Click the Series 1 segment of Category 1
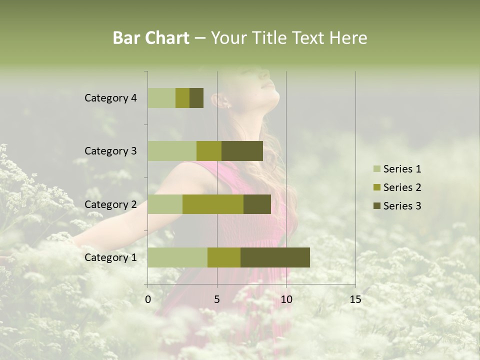(x=177, y=257)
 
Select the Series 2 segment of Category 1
(x=224, y=257)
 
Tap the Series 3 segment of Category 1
(x=275, y=257)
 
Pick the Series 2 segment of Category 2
(x=213, y=204)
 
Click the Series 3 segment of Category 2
(x=257, y=204)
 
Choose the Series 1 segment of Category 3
(x=172, y=151)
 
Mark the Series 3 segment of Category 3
(x=242, y=151)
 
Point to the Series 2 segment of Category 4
(x=182, y=98)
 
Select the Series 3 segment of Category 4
(x=196, y=98)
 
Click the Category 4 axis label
(x=110, y=98)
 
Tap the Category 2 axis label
(x=110, y=204)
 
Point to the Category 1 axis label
(x=110, y=257)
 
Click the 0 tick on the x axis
(x=148, y=299)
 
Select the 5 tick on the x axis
(x=217, y=299)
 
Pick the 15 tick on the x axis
(x=355, y=299)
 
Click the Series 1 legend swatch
(x=376, y=169)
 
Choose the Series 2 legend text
(x=402, y=187)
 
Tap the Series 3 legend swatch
(x=376, y=206)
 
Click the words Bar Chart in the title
(x=151, y=38)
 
